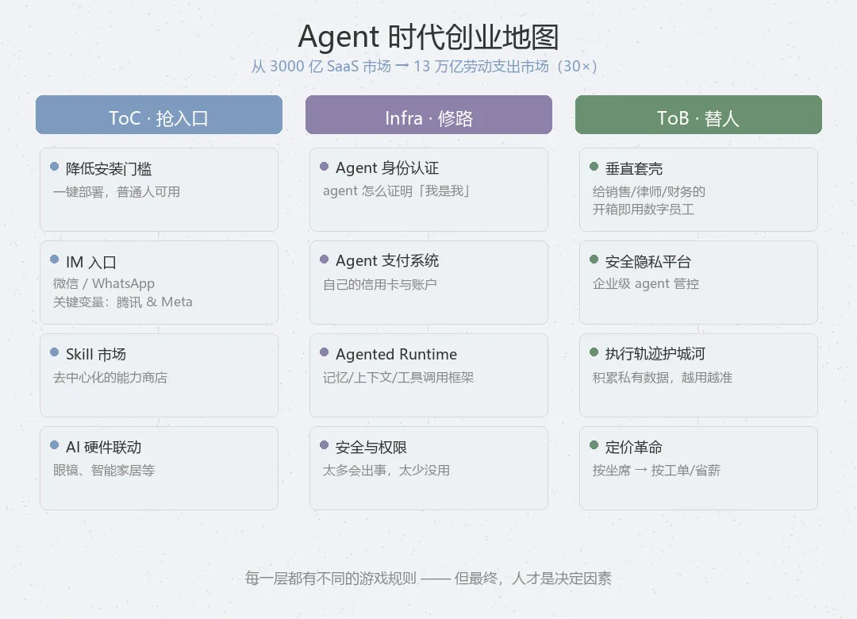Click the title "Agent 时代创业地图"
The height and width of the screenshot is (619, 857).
click(x=428, y=37)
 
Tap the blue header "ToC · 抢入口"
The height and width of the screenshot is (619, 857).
click(x=159, y=118)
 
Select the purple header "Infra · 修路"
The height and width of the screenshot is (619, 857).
click(x=428, y=118)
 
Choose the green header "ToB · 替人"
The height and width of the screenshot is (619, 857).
click(x=698, y=118)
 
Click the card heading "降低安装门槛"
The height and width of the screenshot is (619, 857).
click(x=109, y=168)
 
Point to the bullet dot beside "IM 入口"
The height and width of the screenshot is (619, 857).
click(x=54, y=260)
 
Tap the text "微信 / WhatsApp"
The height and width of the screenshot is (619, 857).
click(x=104, y=283)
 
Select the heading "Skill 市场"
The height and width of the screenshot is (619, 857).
click(x=96, y=354)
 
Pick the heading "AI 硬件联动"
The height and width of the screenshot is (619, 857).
click(x=103, y=447)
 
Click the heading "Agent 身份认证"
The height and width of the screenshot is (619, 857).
click(x=387, y=167)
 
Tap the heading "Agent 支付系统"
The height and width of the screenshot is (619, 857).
click(x=387, y=260)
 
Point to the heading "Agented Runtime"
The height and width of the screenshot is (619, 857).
click(x=396, y=354)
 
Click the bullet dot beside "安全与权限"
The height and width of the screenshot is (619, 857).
click(x=324, y=445)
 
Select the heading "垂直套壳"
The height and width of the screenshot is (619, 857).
click(x=634, y=168)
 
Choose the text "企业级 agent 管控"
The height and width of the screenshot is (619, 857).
click(x=646, y=283)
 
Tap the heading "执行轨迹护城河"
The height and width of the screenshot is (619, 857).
click(x=655, y=354)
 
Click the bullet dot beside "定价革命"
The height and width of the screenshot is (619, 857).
click(x=594, y=445)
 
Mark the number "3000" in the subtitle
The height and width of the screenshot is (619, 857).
click(x=286, y=67)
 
